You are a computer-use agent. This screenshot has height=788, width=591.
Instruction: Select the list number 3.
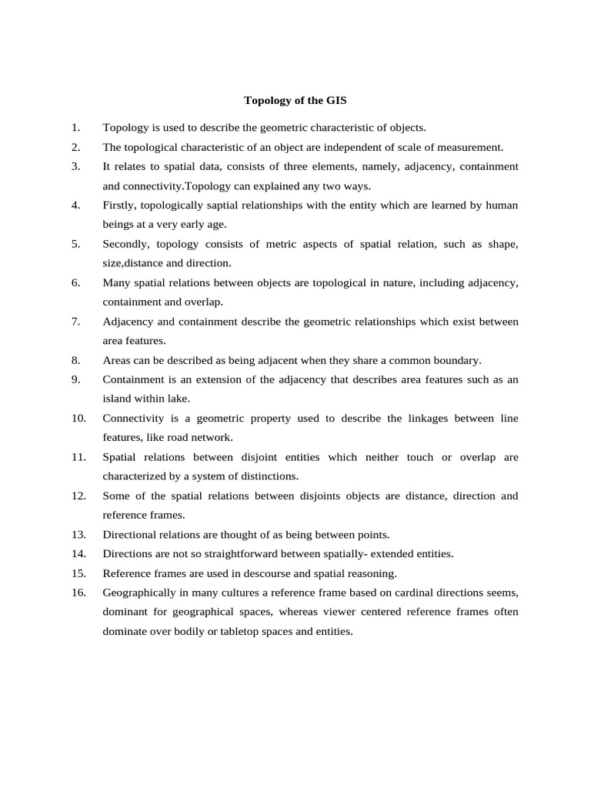[75, 166]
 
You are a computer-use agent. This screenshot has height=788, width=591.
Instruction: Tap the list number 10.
[78, 418]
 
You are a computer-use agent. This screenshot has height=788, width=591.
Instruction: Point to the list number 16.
[78, 592]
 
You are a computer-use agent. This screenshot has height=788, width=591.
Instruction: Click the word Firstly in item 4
[122, 205]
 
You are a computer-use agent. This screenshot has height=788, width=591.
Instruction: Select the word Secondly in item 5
[127, 244]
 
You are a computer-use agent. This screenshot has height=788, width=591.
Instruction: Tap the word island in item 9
[119, 399]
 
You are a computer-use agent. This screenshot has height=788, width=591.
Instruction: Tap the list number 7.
[75, 321]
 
